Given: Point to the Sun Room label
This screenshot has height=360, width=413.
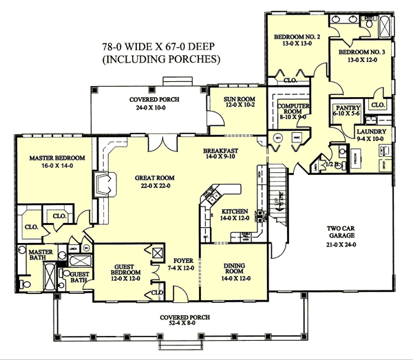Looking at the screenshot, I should coord(233,97).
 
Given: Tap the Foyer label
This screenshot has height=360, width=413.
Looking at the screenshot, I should coord(182,261).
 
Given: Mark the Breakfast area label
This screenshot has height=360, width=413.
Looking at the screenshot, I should coord(221,150).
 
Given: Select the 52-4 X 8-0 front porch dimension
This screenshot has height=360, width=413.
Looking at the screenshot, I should coord(184,325).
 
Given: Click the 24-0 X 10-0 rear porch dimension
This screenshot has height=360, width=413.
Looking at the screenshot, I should coord(155,108).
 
